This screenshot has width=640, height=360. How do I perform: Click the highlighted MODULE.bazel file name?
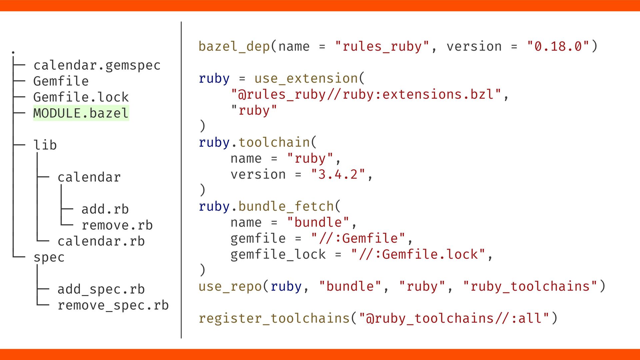[81, 113]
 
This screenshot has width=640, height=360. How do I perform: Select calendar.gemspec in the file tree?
[97, 65]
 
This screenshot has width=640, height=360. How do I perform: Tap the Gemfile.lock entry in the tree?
[81, 97]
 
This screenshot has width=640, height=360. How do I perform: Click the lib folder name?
[45, 145]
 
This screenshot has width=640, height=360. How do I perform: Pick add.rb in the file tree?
[105, 209]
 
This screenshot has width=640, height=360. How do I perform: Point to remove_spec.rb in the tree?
[113, 305]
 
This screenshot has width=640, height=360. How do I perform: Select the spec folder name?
[49, 257]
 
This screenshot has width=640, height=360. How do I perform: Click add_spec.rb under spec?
[101, 289]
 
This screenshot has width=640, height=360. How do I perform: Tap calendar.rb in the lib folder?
[101, 241]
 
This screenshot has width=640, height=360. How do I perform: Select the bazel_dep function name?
[234, 47]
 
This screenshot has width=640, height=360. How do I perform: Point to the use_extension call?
[306, 79]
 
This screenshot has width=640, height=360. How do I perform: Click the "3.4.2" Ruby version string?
[338, 175]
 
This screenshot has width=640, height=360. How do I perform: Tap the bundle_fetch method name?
[286, 207]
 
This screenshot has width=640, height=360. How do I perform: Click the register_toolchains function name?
[274, 318]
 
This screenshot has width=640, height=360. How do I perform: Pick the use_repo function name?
[230, 287]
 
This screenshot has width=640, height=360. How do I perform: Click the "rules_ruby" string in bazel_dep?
[382, 47]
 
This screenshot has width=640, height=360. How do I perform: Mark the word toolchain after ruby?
[274, 143]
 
